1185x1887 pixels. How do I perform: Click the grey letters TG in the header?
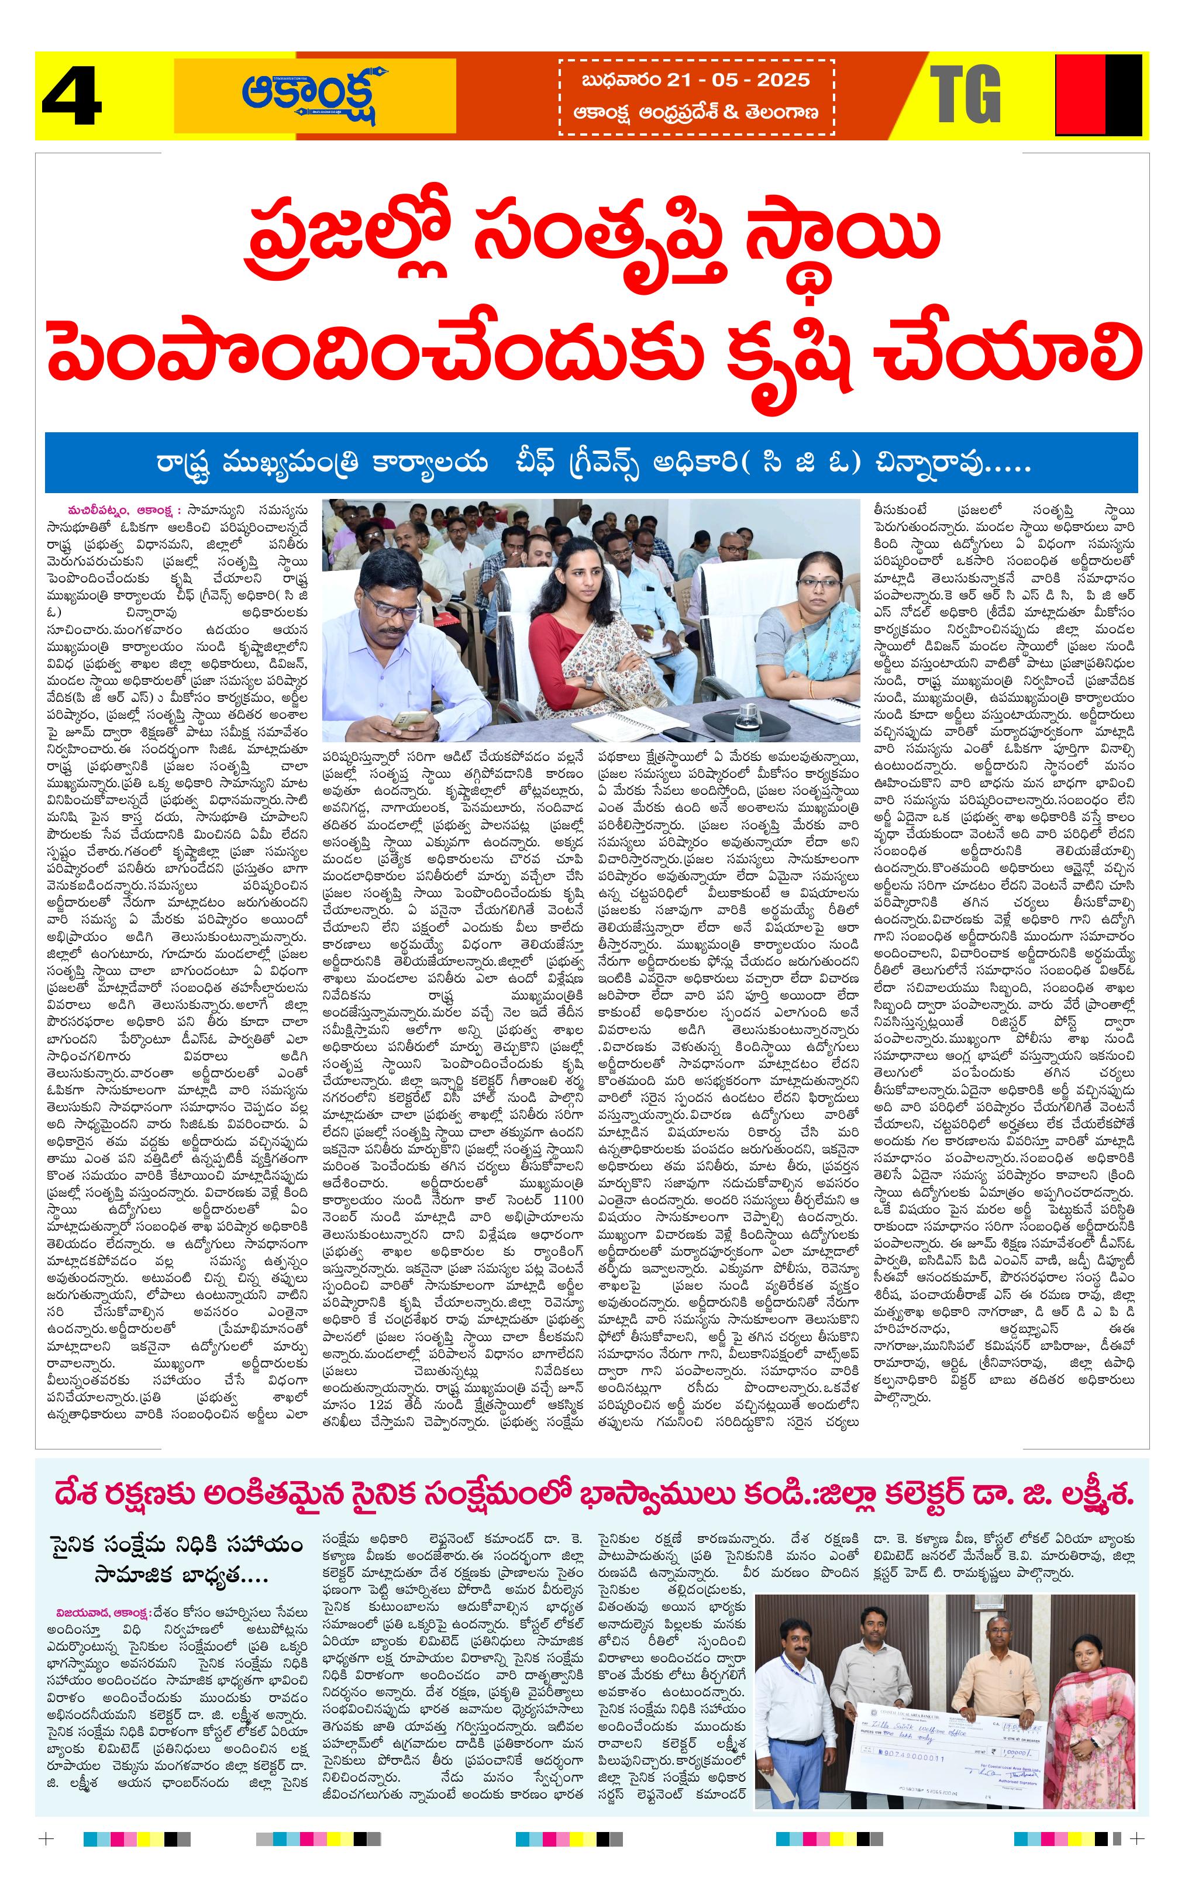click(x=966, y=95)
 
